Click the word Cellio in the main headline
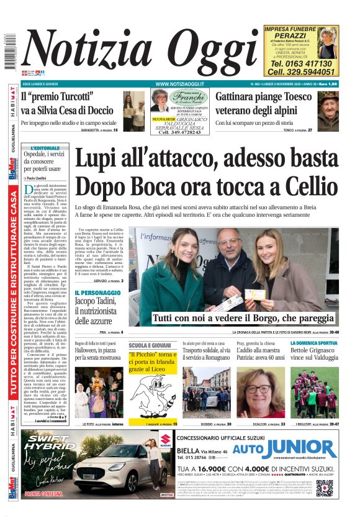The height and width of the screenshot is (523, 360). pos(304,186)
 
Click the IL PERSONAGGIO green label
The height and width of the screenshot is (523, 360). pos(97,292)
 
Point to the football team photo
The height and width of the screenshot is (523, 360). pos(314,392)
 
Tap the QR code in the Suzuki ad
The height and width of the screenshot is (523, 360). pos(325,488)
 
